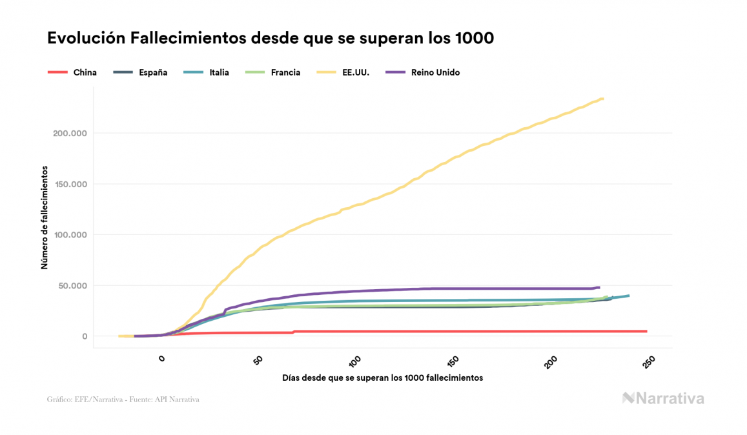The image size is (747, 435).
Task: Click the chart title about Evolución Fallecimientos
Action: point(271,38)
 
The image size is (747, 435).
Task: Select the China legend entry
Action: point(73,72)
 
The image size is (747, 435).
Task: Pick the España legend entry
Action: point(141,72)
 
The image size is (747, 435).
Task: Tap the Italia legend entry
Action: point(207,72)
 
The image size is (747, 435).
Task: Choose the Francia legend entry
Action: point(274,72)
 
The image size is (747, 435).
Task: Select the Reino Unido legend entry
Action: point(423,72)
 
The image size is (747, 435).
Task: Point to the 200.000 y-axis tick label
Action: point(68,133)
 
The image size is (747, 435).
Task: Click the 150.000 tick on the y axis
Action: point(68,184)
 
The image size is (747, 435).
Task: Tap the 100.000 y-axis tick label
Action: point(68,235)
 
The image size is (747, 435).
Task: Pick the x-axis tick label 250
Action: point(650,362)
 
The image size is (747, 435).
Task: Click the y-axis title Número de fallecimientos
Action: point(45,217)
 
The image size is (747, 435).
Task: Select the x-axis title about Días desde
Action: point(382,378)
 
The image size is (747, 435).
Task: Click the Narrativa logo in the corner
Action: point(663,398)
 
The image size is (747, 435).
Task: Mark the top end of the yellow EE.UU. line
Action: point(602,99)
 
